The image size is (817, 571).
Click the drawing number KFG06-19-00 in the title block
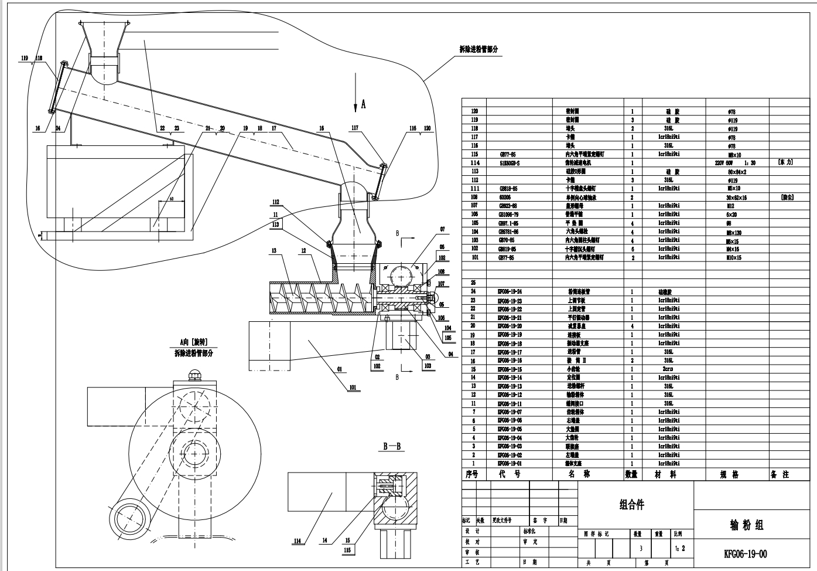(x=745, y=553)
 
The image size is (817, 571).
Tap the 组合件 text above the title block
(x=631, y=505)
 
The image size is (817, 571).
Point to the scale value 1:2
(x=679, y=549)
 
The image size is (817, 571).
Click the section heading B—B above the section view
(x=394, y=446)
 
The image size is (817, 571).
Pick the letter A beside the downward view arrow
(x=363, y=104)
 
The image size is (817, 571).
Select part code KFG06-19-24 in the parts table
(x=509, y=291)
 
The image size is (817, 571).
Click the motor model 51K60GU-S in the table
(x=510, y=163)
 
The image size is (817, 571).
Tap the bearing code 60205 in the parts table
(x=505, y=198)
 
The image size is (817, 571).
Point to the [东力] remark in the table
(x=785, y=162)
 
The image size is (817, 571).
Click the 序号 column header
(x=471, y=474)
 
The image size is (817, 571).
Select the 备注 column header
(x=780, y=474)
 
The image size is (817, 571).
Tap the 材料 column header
(x=665, y=474)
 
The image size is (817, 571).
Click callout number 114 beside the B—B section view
(x=298, y=541)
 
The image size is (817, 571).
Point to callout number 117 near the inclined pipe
(x=355, y=127)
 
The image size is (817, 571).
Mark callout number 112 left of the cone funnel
(x=275, y=202)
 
